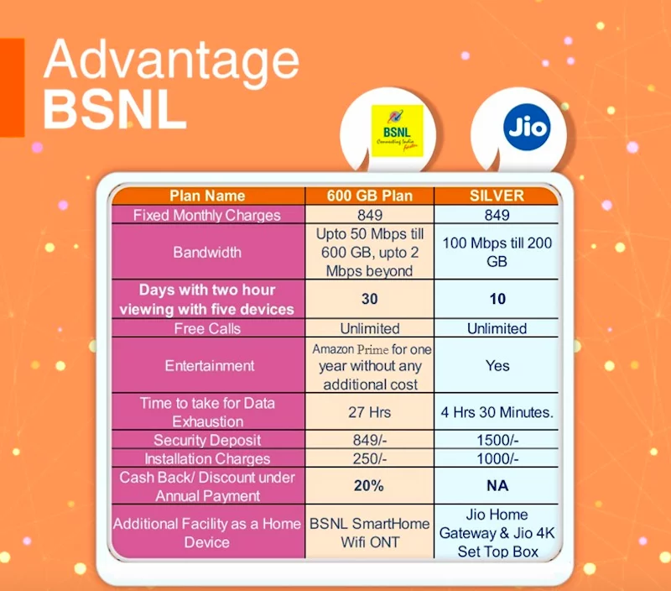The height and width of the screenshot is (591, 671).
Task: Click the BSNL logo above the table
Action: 397,131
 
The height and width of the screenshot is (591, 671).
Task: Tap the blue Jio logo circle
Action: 527,128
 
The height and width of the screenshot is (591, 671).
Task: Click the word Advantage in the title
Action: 171,60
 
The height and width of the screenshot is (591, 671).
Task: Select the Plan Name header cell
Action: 207,196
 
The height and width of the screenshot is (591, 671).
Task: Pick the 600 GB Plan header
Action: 370,196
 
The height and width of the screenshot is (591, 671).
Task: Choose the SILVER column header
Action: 497,196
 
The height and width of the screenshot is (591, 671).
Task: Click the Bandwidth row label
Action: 207,252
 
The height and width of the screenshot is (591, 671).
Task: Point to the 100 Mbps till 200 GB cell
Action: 497,252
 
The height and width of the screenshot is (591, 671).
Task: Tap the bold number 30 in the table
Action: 370,299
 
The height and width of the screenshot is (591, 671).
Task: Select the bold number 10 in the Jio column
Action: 497,299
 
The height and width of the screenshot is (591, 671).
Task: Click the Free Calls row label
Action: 207,328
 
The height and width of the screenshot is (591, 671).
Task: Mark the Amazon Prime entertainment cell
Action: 371,366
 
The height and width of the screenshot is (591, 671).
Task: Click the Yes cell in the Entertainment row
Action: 497,366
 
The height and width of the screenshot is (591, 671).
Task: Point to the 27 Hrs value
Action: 369,412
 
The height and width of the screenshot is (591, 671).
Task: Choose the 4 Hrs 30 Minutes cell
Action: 497,412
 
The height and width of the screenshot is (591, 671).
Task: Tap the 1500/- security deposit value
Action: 497,440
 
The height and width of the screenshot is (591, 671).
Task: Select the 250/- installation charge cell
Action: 370,458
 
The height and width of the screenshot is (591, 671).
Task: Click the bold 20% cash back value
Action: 368,486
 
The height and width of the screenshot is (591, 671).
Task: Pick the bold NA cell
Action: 497,486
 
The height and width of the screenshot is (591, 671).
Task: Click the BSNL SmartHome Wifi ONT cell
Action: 370,533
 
